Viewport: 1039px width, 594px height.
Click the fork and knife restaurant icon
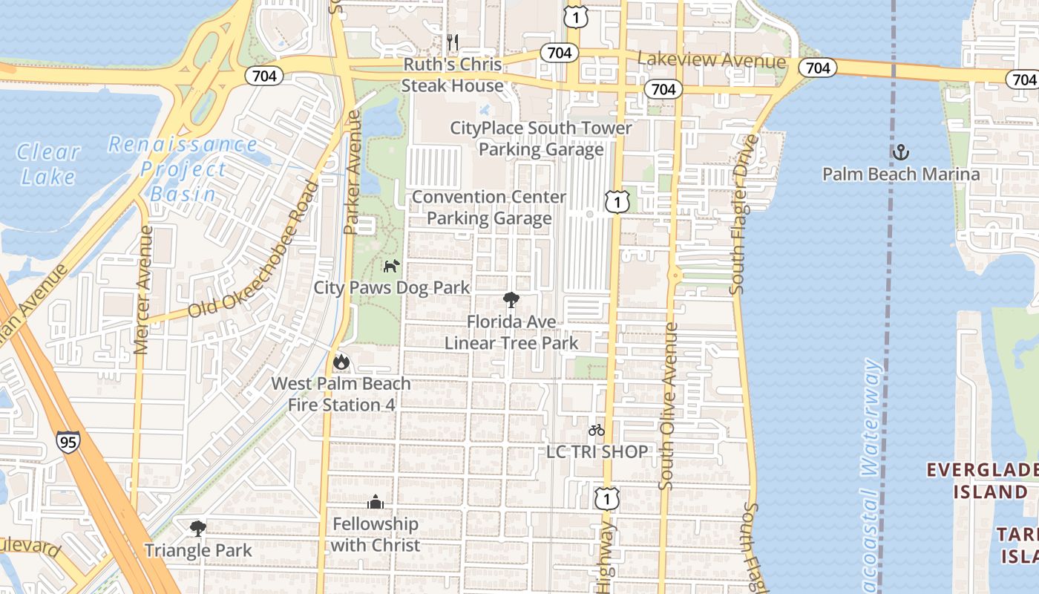coord(453,42)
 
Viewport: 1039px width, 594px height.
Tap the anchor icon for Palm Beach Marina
coord(900,153)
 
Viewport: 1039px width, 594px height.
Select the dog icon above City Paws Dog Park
coord(391,266)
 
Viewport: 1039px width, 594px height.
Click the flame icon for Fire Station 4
coord(341,362)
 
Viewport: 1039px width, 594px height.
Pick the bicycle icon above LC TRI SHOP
coord(597,430)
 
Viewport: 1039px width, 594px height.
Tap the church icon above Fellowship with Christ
coord(376,503)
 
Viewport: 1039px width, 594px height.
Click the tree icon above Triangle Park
coord(197,529)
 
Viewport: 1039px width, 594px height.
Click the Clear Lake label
coord(48,164)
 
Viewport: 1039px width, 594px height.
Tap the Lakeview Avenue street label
coord(711,61)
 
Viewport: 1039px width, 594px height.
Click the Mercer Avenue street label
coord(143,290)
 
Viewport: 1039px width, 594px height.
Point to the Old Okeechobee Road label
coord(252,250)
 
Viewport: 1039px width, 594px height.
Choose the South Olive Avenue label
coord(668,406)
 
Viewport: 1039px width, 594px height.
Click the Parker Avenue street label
coord(353,173)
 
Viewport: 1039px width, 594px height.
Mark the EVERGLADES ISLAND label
coord(981,480)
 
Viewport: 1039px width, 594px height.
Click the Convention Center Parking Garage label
coord(489,208)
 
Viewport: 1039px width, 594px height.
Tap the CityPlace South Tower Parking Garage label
coord(541,139)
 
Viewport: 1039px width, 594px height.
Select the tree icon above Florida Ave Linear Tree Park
coord(511,300)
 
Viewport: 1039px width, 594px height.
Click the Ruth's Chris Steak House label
coord(452,75)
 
